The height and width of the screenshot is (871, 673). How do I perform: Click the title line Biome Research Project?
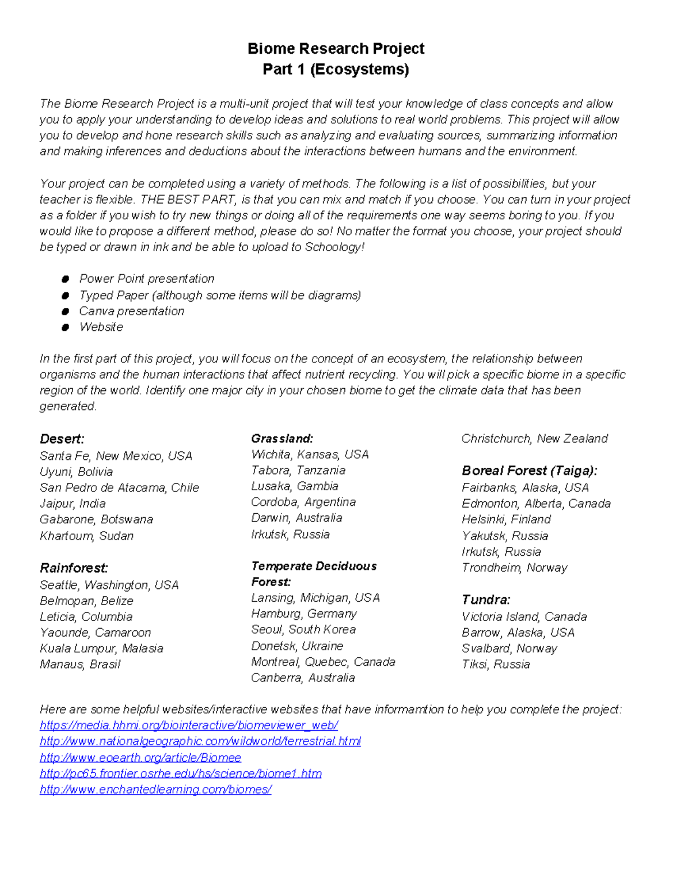336,49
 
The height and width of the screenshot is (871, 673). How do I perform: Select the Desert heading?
62,439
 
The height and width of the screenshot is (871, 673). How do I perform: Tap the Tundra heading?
486,600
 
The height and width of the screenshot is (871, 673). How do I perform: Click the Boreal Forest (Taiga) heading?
529,471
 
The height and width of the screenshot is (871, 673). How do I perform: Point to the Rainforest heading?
74,568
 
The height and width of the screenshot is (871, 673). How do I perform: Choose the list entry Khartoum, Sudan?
86,536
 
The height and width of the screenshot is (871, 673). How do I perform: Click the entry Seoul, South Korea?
303,629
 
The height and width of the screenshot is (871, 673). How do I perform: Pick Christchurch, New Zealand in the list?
534,439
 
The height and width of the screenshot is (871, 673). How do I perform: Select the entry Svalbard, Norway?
509,648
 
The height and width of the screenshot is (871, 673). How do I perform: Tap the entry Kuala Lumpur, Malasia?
102,648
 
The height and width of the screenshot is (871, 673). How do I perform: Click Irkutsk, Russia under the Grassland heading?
290,534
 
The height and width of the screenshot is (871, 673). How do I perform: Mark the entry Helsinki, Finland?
506,519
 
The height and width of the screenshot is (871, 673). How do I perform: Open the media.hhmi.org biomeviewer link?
189,725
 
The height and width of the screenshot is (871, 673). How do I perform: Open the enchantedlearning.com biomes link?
155,789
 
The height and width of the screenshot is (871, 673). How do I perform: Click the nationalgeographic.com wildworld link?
200,741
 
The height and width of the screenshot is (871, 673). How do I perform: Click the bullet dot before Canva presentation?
66,311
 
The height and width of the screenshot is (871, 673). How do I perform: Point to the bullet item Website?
101,327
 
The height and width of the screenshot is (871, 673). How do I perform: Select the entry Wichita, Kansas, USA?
310,454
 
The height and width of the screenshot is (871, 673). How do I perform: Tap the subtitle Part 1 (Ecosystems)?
336,70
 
